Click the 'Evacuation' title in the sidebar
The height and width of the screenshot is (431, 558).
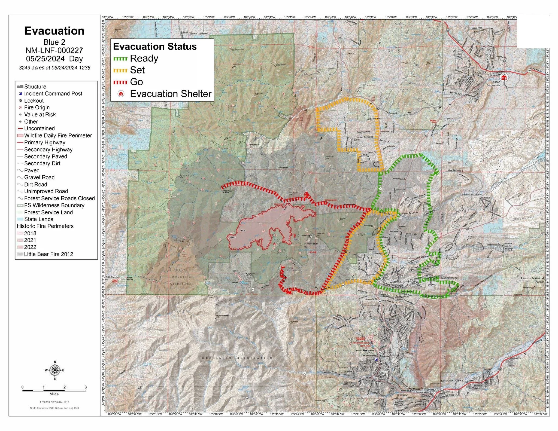(54, 31)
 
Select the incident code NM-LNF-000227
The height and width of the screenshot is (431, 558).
(54, 50)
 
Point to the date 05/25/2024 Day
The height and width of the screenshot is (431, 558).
(54, 59)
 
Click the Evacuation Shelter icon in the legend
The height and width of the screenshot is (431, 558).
(121, 94)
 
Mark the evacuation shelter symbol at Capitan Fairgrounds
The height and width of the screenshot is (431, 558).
(504, 78)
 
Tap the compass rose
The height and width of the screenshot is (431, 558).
(55, 370)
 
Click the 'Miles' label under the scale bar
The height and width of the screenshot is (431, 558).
(54, 394)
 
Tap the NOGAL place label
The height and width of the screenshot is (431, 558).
(351, 53)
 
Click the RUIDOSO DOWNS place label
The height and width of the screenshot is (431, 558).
(452, 381)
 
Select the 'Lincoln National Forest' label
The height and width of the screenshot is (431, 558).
(532, 280)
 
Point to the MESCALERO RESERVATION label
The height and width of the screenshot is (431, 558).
(237, 358)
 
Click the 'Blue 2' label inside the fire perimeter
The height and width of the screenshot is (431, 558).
(232, 237)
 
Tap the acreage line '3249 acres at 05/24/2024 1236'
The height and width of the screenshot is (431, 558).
(54, 68)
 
